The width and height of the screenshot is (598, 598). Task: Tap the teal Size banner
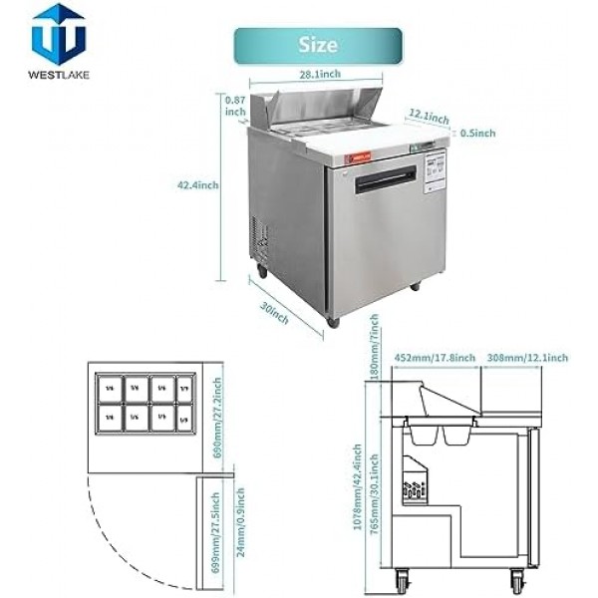(x=317, y=46)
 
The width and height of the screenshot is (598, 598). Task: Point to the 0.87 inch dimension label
(x=236, y=106)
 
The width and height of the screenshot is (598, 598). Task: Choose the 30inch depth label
(x=275, y=312)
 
